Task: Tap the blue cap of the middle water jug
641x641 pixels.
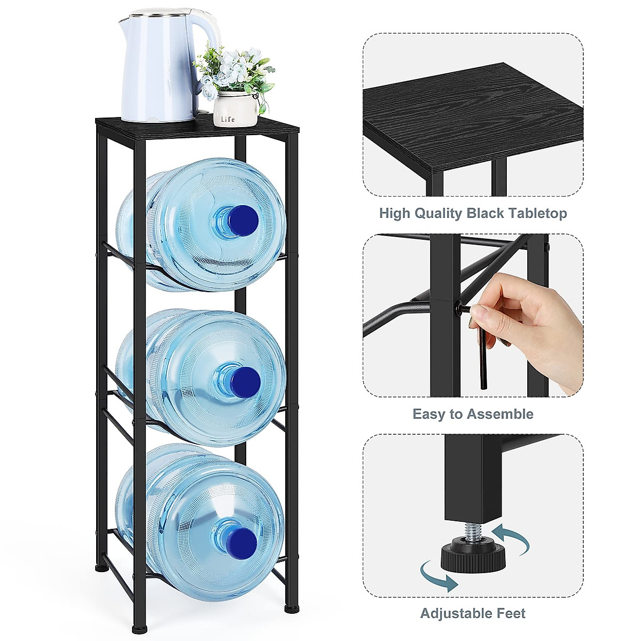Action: (x=245, y=380)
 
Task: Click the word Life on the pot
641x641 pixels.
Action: (x=228, y=119)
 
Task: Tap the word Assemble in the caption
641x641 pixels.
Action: (x=502, y=414)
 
